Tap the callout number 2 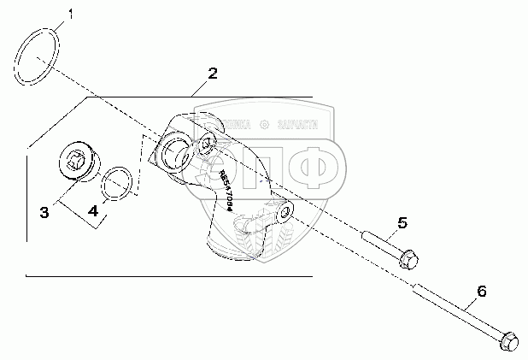tap(213, 73)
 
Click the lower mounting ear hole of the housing tap(281, 208)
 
